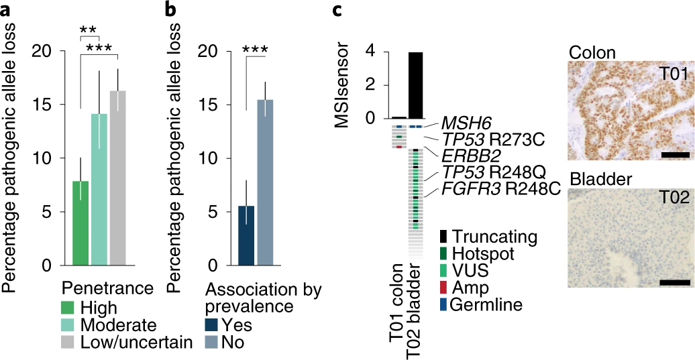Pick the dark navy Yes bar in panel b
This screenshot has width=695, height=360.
[x=246, y=235]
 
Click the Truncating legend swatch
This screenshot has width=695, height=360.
[x=443, y=237]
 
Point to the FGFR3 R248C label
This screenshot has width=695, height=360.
[x=499, y=189]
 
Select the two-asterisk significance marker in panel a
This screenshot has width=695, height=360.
[x=88, y=30]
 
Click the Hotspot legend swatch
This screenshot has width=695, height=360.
[x=443, y=253]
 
